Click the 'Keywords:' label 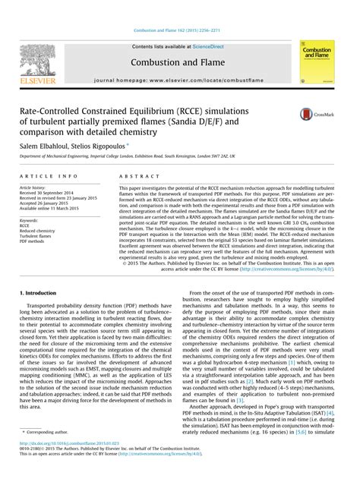31,219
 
